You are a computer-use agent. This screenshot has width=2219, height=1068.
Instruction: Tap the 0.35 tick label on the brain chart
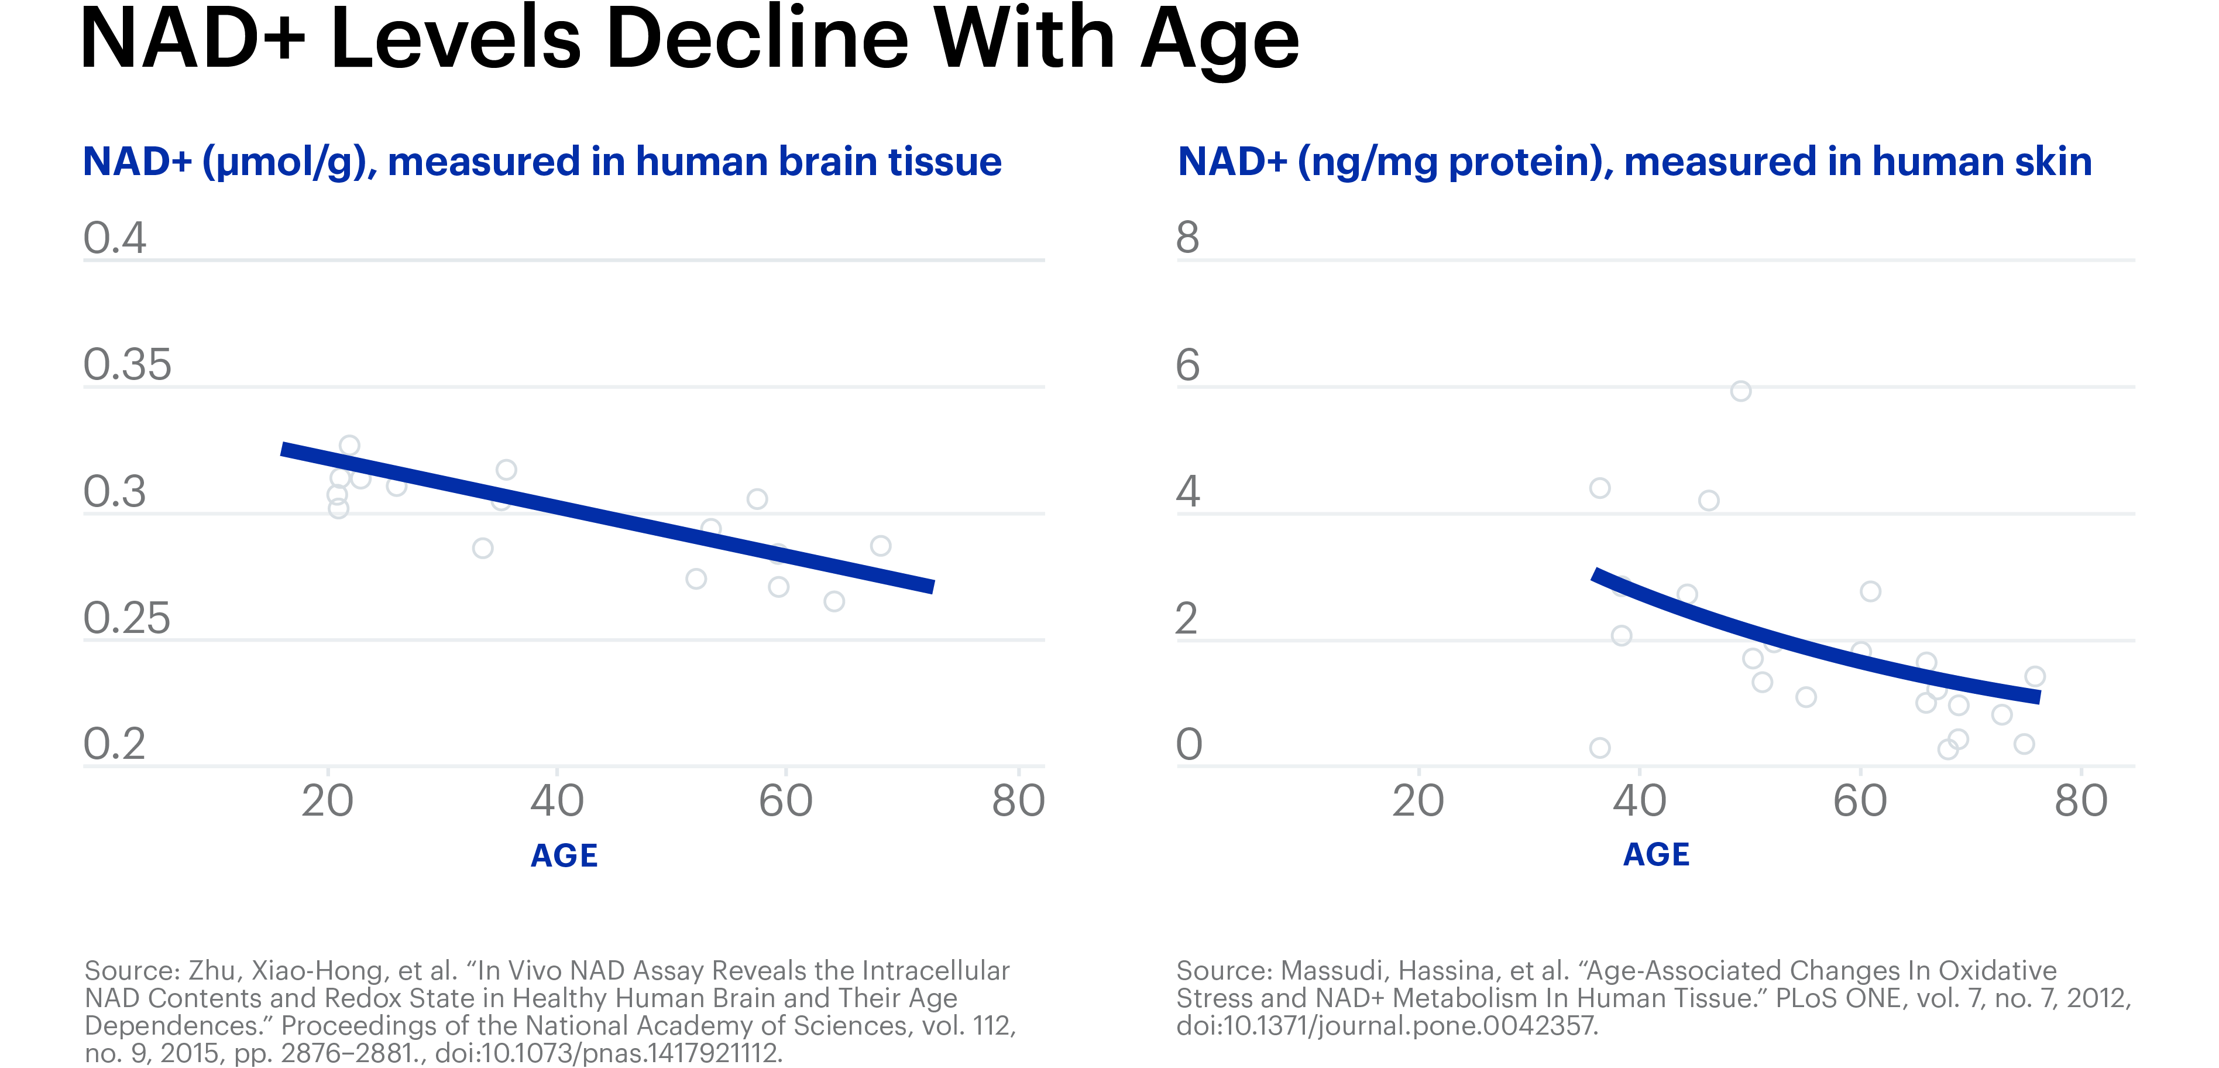coord(128,365)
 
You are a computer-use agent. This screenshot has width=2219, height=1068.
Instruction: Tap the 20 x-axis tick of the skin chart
coord(1418,801)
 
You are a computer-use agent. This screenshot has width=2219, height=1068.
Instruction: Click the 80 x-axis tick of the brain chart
coord(1018,801)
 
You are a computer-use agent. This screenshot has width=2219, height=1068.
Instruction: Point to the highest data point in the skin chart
coord(1741,391)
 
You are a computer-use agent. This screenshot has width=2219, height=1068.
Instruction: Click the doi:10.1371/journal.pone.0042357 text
coord(1387,1026)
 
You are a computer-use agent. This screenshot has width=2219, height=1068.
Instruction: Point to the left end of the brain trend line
coord(284,449)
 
